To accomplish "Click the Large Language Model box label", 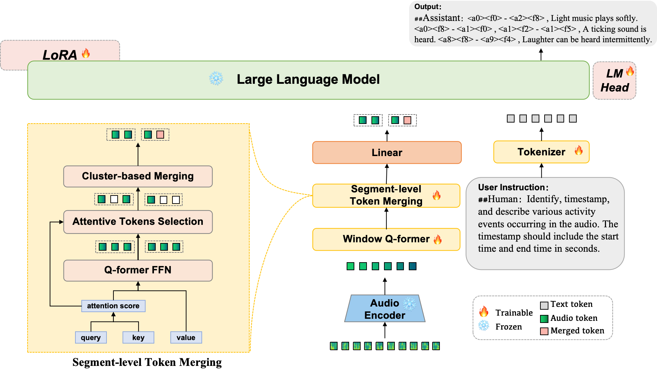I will click(308, 80).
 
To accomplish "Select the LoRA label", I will click(60, 55).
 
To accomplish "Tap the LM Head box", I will click(614, 81).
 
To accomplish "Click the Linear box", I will click(387, 153).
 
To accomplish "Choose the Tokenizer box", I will click(541, 152).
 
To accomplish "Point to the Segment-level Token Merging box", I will click(386, 196).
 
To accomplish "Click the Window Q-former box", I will click(386, 239).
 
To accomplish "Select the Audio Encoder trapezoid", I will click(385, 309).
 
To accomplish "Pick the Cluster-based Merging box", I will click(138, 176).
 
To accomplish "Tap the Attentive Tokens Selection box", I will click(138, 222).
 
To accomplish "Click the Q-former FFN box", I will click(138, 270).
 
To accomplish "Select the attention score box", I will click(113, 306).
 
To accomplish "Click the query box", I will click(91, 338).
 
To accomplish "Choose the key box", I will click(138, 338).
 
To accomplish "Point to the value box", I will click(186, 338).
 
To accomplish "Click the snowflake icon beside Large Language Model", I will click(216, 79).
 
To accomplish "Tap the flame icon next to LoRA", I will click(86, 53).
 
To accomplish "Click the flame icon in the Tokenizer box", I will click(578, 150).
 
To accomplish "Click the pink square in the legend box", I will click(544, 331).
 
